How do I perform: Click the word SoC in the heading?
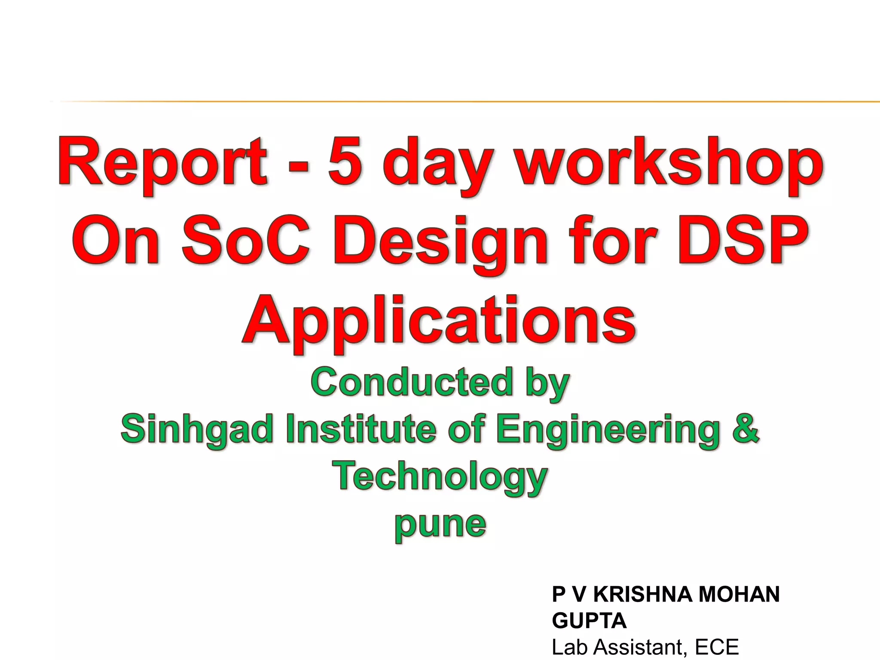click(245, 241)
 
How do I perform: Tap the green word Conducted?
click(412, 382)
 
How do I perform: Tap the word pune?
click(440, 525)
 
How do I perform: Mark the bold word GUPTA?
click(589, 621)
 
